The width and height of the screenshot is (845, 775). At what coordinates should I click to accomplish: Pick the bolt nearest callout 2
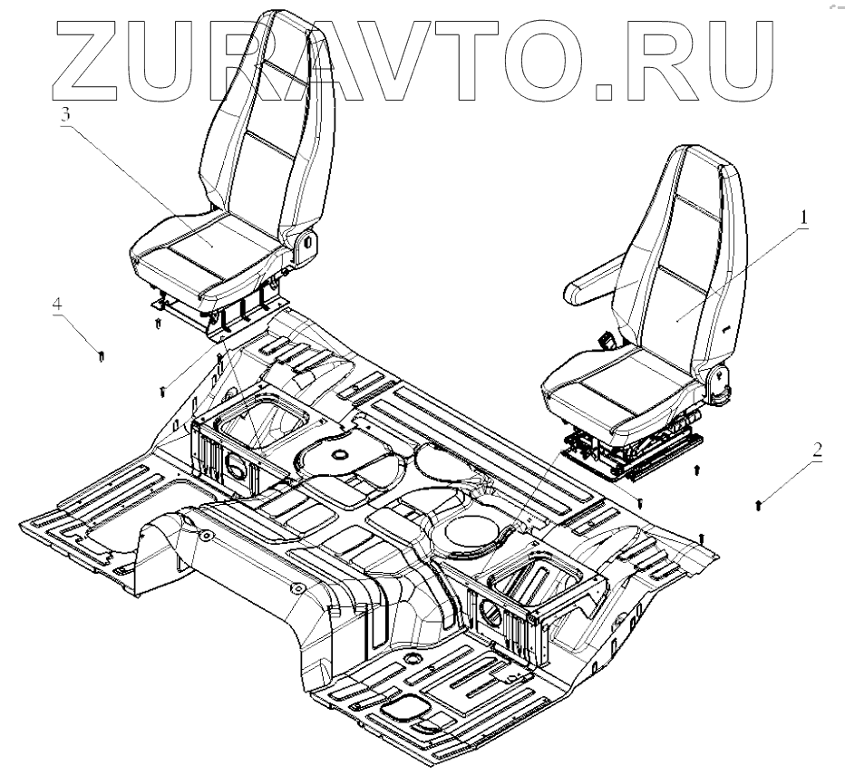pos(758,504)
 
